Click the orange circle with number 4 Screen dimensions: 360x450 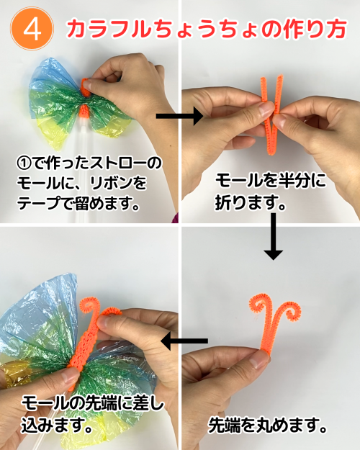pyautogui.click(x=32, y=29)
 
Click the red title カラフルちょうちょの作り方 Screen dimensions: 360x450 pyautogui.click(x=207, y=30)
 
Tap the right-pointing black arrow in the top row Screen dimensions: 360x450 pyautogui.click(x=180, y=116)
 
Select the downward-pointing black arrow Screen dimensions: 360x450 pyautogui.click(x=274, y=236)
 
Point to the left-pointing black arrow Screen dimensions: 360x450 pyautogui.click(x=184, y=341)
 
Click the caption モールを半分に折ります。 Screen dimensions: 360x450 pyautogui.click(x=271, y=192)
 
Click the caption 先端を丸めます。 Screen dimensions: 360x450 pyautogui.click(x=267, y=425)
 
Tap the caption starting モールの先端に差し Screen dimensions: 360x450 pyautogui.click(x=92, y=414)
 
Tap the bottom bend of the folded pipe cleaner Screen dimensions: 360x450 pyautogui.click(x=271, y=150)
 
